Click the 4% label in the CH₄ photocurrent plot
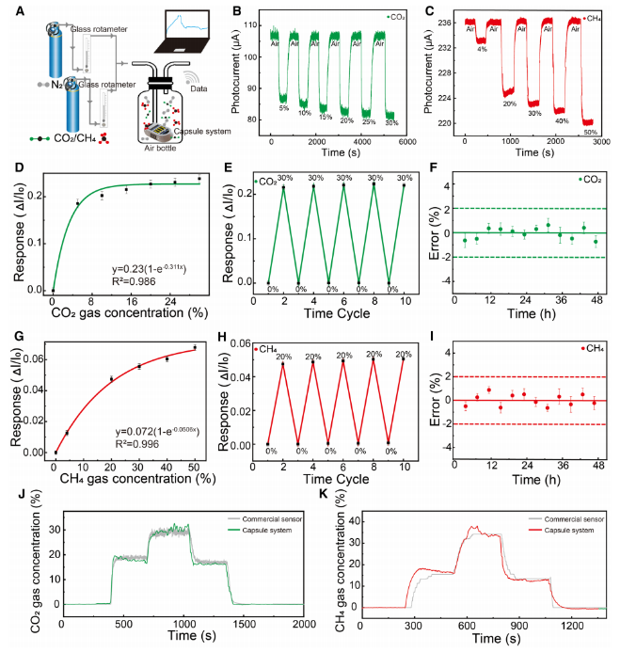pyautogui.click(x=481, y=48)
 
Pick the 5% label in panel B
pyautogui.click(x=282, y=107)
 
